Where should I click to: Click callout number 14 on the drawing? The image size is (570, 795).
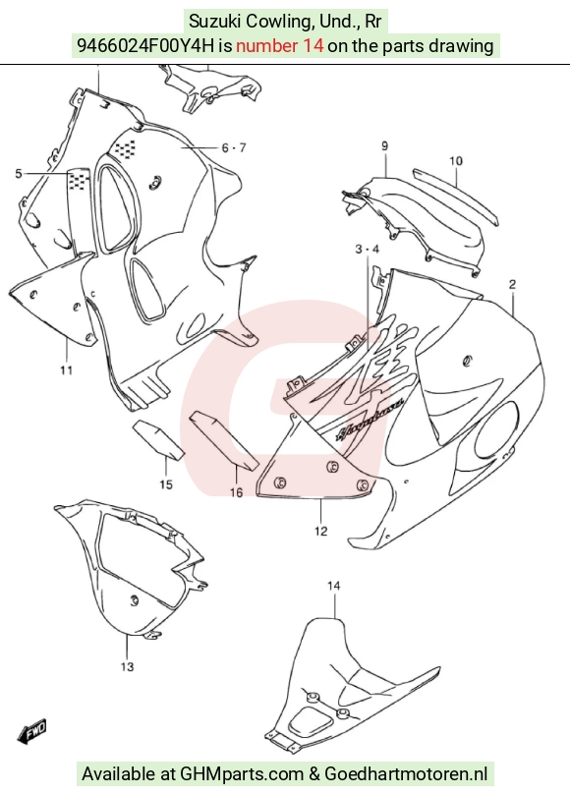pyautogui.click(x=333, y=586)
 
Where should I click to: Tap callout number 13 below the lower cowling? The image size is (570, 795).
pyautogui.click(x=127, y=666)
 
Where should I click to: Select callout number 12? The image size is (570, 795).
pyautogui.click(x=320, y=531)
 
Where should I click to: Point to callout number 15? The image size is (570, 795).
pyautogui.click(x=166, y=484)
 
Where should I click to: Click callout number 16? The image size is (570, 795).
pyautogui.click(x=236, y=491)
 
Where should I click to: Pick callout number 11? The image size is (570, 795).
pyautogui.click(x=67, y=370)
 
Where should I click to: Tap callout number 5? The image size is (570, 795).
pyautogui.click(x=19, y=174)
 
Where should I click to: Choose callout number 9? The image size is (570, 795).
pyautogui.click(x=385, y=146)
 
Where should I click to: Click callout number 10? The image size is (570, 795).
pyautogui.click(x=456, y=161)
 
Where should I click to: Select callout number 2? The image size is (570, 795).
pyautogui.click(x=512, y=284)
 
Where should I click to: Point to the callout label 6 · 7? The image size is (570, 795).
pyautogui.click(x=234, y=147)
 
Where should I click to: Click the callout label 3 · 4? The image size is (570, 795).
pyautogui.click(x=368, y=249)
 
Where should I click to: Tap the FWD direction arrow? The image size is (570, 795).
pyautogui.click(x=32, y=732)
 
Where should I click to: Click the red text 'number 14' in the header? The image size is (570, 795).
pyautogui.click(x=279, y=45)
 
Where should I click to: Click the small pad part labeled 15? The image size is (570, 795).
pyautogui.click(x=157, y=439)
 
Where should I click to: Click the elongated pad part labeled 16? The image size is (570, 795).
pyautogui.click(x=224, y=440)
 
